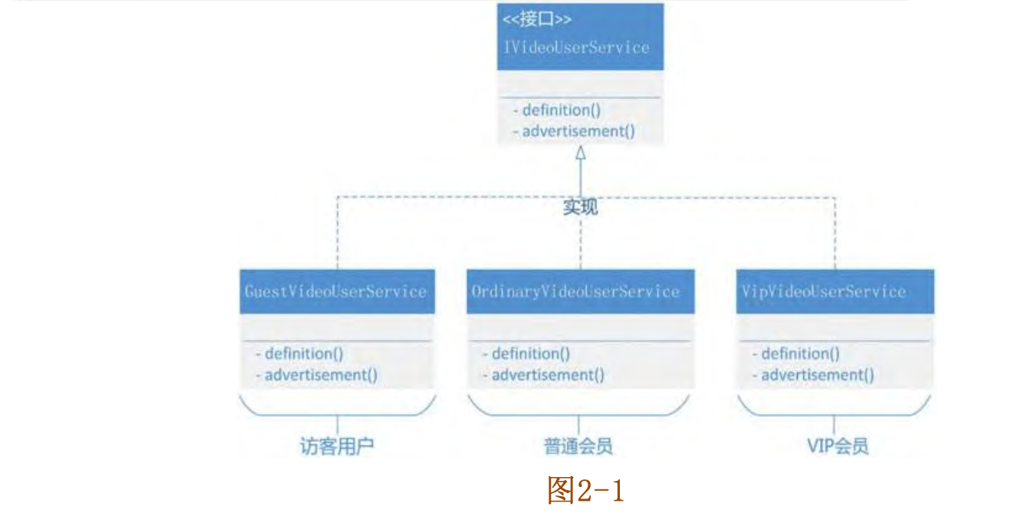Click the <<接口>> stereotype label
(x=537, y=20)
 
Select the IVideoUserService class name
(x=576, y=48)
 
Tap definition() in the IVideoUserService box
(x=557, y=110)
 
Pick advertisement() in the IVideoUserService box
(x=575, y=131)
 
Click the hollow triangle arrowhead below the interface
(x=581, y=153)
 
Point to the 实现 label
(x=581, y=207)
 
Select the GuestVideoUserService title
(x=335, y=291)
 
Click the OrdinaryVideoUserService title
(x=576, y=291)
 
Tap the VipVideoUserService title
(x=823, y=291)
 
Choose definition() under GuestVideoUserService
(x=299, y=354)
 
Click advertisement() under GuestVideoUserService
(x=317, y=375)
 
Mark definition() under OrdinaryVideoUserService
(x=526, y=354)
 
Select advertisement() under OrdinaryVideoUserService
(x=544, y=375)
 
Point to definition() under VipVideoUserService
(x=796, y=354)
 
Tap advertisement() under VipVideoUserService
(x=813, y=375)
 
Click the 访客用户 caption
(x=337, y=446)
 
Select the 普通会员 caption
(x=578, y=446)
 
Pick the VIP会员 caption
(x=838, y=446)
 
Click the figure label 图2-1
(x=585, y=491)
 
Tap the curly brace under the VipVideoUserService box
(x=835, y=408)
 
